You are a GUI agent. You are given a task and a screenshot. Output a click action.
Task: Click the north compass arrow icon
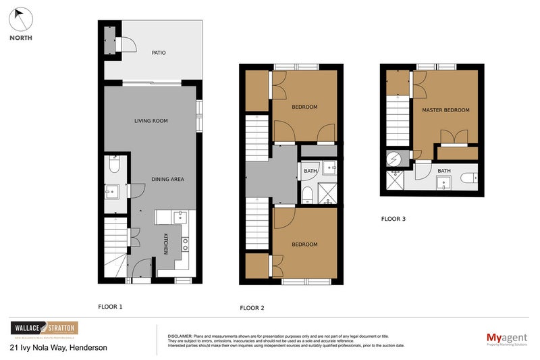click(20, 18)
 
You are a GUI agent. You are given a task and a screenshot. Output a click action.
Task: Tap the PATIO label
click(159, 53)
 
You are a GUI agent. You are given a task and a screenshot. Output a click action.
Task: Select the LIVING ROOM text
click(151, 121)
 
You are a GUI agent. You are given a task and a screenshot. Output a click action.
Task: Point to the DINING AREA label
click(167, 180)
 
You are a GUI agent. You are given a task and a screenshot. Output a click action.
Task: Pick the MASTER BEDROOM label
click(446, 110)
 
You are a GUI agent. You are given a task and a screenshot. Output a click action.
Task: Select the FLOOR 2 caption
click(252, 308)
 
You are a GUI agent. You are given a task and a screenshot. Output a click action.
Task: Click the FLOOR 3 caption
click(394, 219)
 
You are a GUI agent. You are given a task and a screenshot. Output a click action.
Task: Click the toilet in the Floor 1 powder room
click(113, 164)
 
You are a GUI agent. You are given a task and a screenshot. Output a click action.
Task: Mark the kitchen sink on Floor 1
click(179, 217)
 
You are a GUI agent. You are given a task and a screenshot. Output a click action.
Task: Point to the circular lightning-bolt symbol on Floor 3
click(394, 159)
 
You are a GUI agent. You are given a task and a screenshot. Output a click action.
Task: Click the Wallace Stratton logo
click(44, 329)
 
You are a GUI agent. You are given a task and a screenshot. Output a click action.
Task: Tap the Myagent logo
click(506, 338)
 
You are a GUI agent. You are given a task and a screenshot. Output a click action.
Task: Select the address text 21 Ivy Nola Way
click(58, 348)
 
